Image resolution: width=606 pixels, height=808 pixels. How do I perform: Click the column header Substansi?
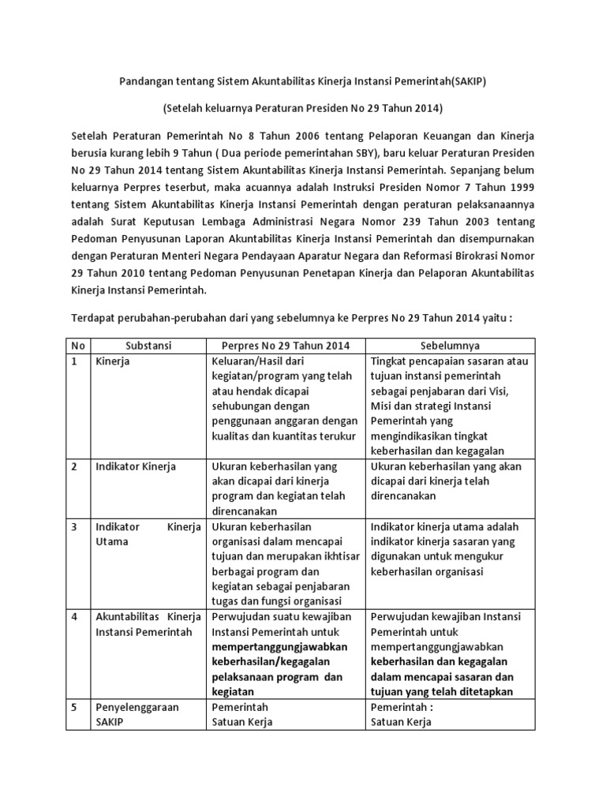(148, 346)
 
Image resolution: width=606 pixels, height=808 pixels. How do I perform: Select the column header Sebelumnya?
(450, 346)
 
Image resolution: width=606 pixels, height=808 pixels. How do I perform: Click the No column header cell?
(77, 346)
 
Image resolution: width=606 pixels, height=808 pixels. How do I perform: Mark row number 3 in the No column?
(74, 526)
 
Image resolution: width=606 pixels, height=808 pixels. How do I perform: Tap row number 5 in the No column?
(74, 707)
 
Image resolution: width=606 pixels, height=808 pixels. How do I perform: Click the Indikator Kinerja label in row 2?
(136, 466)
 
